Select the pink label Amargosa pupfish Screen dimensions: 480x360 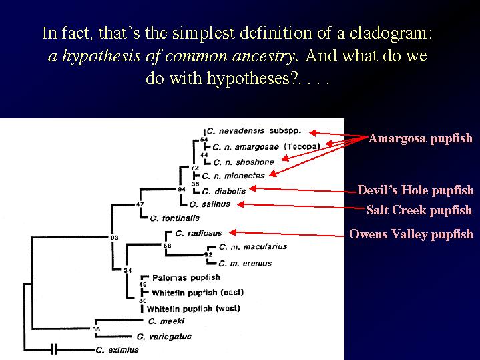(421, 138)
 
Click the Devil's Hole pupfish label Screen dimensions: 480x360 (415, 190)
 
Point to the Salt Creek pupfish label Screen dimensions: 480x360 (419, 210)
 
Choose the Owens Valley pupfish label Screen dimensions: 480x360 (411, 234)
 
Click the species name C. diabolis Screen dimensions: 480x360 (224, 192)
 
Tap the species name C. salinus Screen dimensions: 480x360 (210, 204)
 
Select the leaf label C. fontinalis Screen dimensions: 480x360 (174, 218)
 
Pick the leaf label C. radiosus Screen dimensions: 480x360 (198, 234)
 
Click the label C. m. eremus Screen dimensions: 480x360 (245, 264)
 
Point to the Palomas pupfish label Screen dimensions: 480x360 (186, 278)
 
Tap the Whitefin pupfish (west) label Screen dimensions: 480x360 (193, 309)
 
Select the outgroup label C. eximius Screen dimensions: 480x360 (117, 350)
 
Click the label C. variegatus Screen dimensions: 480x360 (164, 337)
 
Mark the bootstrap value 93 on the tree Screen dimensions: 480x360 (114, 238)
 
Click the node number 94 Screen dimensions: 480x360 (182, 189)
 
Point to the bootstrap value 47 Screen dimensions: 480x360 (140, 204)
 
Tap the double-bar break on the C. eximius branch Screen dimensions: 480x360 (54, 349)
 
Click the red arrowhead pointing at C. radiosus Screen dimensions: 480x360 (232, 233)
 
